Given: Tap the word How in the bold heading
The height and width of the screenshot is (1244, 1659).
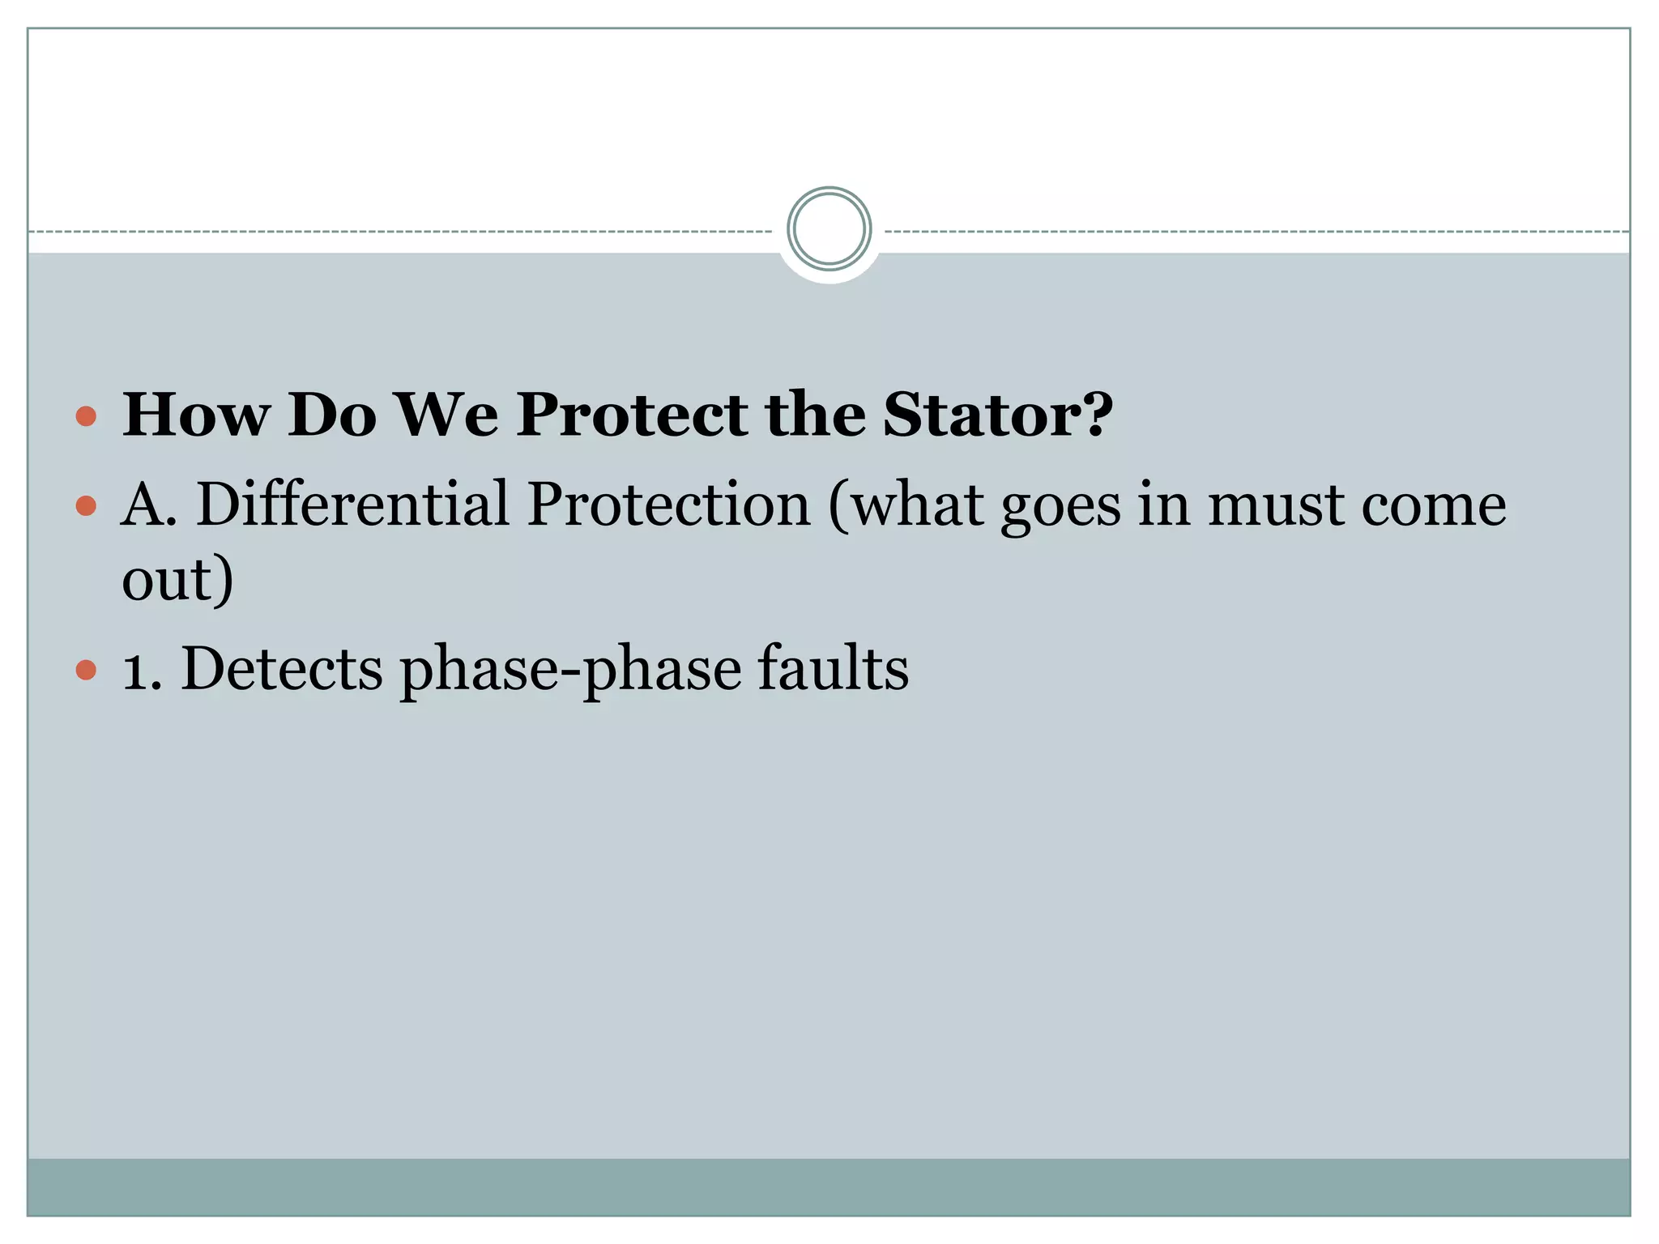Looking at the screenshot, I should point(195,415).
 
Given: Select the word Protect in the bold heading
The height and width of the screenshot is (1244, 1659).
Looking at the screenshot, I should point(632,415).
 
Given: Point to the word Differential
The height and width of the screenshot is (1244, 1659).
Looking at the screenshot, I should point(353,504).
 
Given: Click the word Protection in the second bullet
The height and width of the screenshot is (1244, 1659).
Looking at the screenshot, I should point(668,504).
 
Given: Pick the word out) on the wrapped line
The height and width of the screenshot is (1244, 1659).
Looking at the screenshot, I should point(177,580).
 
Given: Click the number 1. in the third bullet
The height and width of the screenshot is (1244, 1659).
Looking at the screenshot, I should point(143,671).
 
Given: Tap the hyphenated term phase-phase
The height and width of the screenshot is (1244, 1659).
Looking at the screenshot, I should point(571,671).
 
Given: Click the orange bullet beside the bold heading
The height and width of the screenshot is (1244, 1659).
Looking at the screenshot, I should point(86,417).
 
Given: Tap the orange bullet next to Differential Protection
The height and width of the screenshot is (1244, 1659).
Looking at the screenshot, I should point(86,507).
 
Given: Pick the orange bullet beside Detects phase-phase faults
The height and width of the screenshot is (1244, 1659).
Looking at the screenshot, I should point(86,671).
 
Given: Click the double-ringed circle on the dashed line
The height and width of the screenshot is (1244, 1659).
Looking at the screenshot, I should point(829,229).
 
